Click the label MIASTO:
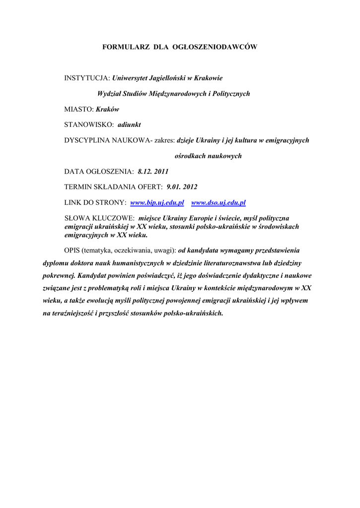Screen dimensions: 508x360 point(79,109)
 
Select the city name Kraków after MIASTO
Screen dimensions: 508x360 point(107,109)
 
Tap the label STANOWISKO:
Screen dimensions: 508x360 point(89,125)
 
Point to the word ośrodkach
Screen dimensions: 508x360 point(191,156)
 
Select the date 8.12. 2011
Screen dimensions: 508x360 point(153,172)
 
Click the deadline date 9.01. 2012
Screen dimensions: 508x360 point(183,187)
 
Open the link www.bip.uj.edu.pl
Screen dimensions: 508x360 point(157,202)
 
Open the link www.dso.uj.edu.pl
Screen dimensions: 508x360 point(218,202)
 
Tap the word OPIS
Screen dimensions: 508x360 point(73,250)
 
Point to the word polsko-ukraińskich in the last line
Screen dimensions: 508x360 point(194,314)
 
